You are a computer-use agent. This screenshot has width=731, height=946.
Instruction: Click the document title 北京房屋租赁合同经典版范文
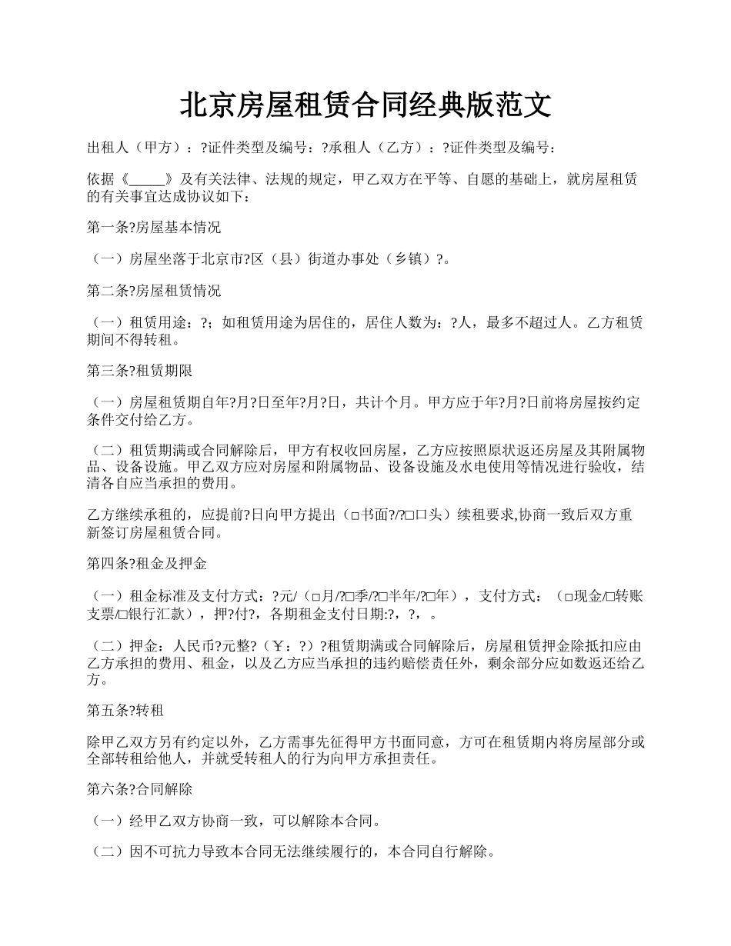[x=365, y=105]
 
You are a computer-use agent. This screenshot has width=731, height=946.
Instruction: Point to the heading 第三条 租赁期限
[x=139, y=370]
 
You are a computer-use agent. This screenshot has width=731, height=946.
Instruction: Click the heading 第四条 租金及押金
[x=147, y=564]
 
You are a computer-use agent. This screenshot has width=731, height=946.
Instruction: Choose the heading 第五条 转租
[x=125, y=709]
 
